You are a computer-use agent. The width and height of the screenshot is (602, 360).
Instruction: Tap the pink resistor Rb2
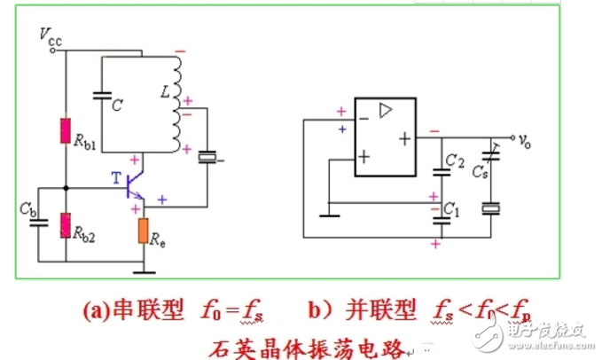[x=65, y=225]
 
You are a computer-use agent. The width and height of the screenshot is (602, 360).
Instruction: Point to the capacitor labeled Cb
[x=38, y=221]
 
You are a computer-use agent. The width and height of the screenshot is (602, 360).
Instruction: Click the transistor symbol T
[x=133, y=183]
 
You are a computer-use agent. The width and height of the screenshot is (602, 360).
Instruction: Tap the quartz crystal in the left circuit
[x=207, y=158]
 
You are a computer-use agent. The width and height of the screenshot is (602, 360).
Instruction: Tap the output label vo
[x=526, y=139]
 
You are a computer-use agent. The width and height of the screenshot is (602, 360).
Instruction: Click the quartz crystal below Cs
[x=490, y=208]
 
